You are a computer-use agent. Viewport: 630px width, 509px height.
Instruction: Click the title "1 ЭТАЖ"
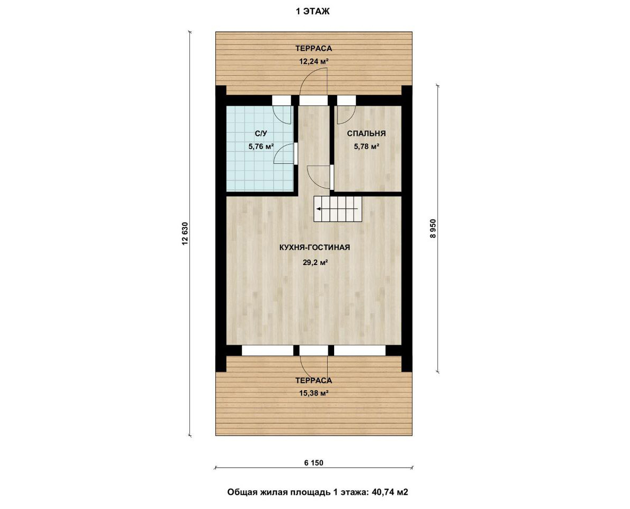tap(312, 12)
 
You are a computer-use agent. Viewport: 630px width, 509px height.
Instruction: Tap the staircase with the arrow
tap(337, 209)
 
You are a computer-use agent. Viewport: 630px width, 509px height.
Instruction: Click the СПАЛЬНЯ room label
tap(366, 134)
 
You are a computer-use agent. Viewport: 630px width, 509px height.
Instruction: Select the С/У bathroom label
tap(261, 134)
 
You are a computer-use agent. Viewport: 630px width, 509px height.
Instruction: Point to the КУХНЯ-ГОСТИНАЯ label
tap(314, 248)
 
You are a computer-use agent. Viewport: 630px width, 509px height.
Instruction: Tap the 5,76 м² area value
tap(261, 147)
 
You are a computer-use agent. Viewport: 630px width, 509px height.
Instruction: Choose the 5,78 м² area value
tap(366, 147)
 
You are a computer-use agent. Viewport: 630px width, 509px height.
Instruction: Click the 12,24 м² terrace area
tap(314, 62)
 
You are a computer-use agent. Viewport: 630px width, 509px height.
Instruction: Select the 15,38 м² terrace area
tap(314, 393)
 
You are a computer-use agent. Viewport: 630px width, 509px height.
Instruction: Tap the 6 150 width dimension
tap(314, 463)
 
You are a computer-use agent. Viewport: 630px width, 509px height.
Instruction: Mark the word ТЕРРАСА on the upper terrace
tap(314, 49)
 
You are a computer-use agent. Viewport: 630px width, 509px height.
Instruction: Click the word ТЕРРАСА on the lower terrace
tap(314, 381)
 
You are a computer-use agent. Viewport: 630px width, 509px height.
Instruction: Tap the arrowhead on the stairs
tap(318, 209)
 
